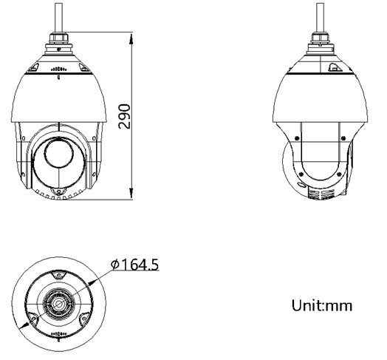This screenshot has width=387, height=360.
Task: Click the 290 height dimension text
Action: [126, 116]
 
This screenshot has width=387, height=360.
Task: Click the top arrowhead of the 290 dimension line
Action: [131, 35]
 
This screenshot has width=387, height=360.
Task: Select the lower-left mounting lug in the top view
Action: [33, 320]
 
